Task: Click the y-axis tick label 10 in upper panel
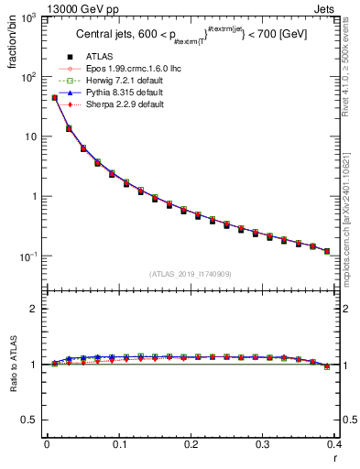pos(29,137)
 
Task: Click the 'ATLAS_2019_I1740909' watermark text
pos(191,274)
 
